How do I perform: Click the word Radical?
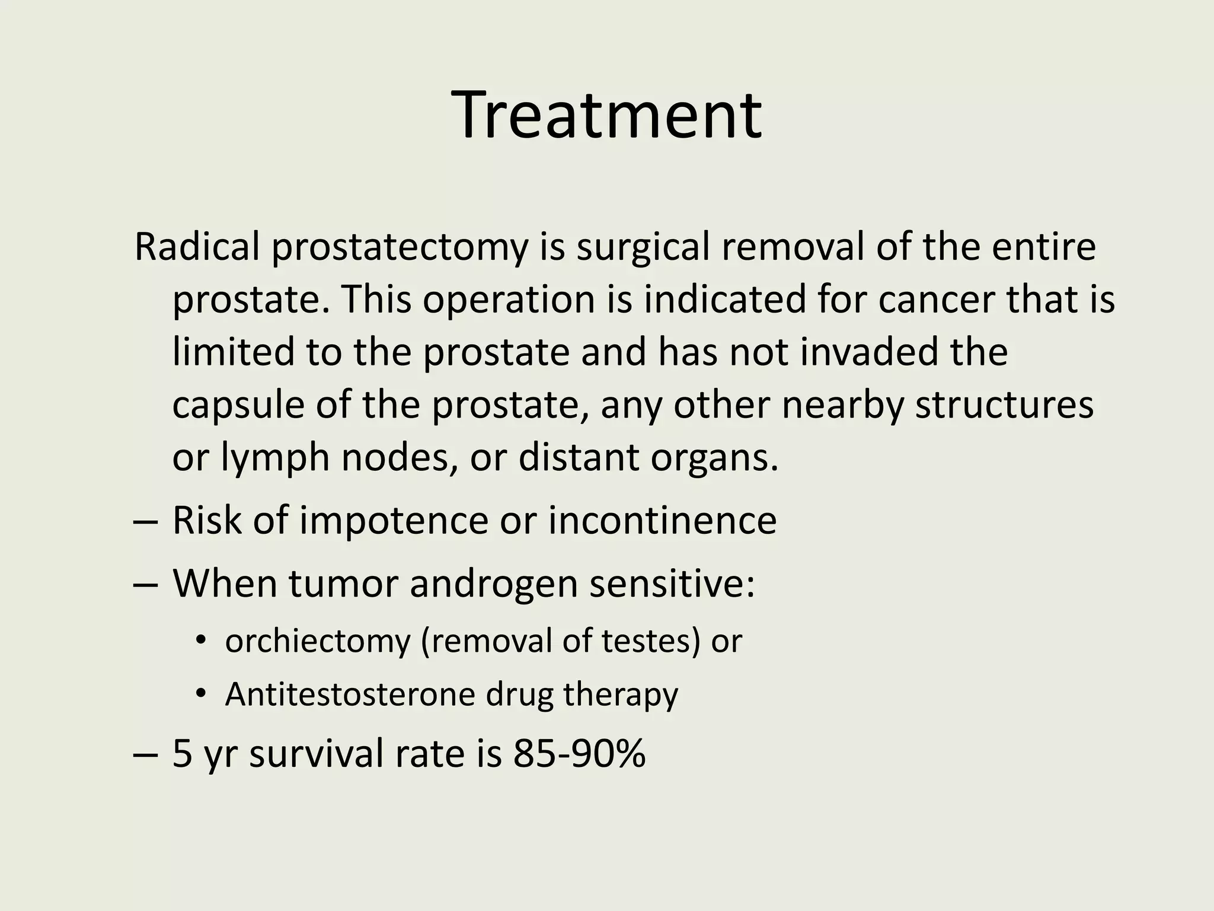point(197,247)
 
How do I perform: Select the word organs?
point(714,458)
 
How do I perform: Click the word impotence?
point(394,521)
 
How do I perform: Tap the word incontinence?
point(662,521)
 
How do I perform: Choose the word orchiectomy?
point(318,641)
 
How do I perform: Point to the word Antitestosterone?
point(350,694)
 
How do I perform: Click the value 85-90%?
point(579,754)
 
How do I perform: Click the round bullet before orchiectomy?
point(201,641)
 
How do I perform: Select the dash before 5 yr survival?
point(146,755)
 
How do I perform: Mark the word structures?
point(1004,406)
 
